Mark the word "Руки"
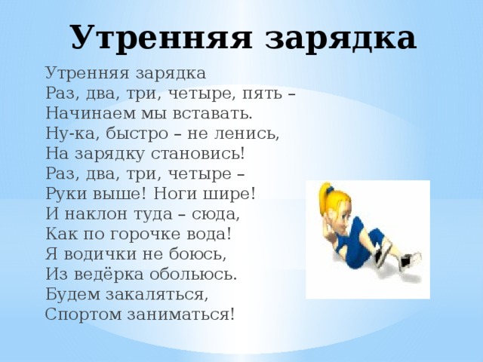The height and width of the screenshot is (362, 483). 65,193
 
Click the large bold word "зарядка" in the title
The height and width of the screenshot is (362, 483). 339,38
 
